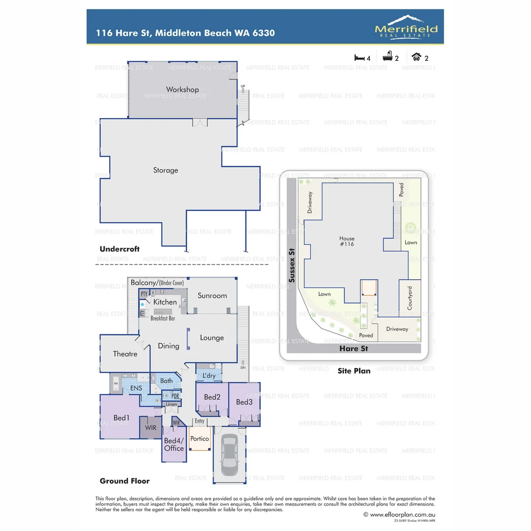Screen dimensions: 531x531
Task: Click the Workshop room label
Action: tap(182, 89)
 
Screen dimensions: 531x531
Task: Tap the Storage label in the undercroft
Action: tap(165, 170)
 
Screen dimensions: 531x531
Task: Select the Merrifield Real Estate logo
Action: tap(406, 27)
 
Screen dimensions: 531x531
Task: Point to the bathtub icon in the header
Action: tap(388, 57)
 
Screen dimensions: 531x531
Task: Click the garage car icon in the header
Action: tap(416, 57)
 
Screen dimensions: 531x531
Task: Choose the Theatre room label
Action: tap(125, 354)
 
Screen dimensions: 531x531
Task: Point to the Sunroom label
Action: tap(212, 295)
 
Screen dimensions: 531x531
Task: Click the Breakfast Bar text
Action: tap(163, 319)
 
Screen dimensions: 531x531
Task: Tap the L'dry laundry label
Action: tap(209, 376)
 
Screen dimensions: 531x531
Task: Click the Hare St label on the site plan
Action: tap(354, 348)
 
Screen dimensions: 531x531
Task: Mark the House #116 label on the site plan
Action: tap(347, 241)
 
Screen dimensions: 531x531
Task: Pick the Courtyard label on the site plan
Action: tap(410, 297)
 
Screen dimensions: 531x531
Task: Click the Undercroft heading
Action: tap(119, 249)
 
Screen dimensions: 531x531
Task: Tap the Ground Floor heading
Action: tap(124, 481)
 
